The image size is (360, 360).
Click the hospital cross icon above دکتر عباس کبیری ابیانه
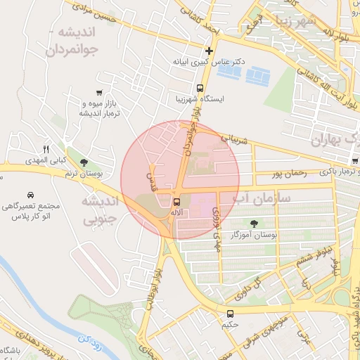point(208,51)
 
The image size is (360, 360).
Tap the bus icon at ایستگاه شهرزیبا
point(200,89)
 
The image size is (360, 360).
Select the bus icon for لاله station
point(176,202)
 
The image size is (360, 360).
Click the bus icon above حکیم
point(230,314)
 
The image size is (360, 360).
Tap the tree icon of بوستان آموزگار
point(254,223)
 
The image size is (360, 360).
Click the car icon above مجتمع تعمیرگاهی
point(30,195)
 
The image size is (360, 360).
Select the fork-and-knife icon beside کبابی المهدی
point(46,149)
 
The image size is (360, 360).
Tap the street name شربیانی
point(235,140)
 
